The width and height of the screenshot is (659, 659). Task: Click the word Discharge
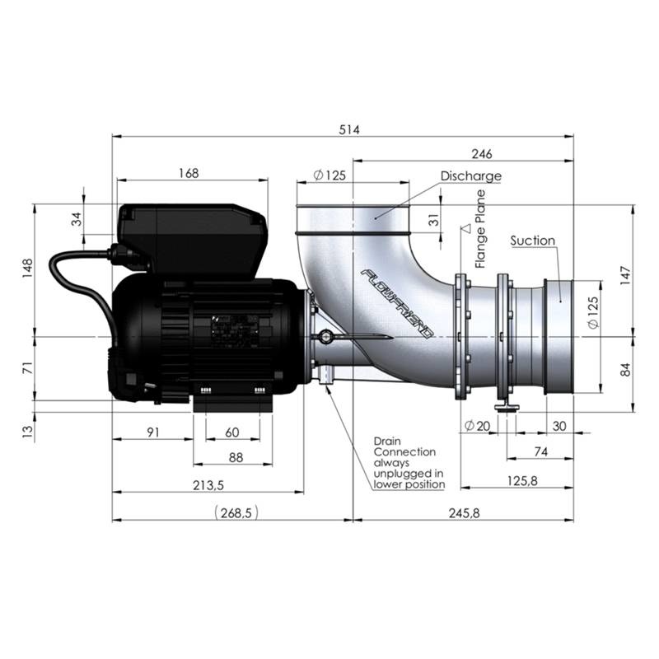click(x=470, y=176)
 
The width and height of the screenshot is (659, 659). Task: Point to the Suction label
click(x=532, y=241)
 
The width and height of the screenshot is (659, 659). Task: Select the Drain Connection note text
click(x=408, y=463)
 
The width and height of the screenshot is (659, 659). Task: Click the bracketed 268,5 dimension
click(x=236, y=512)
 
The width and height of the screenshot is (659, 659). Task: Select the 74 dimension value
click(x=540, y=451)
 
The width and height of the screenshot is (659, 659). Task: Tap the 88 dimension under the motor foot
click(x=235, y=457)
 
